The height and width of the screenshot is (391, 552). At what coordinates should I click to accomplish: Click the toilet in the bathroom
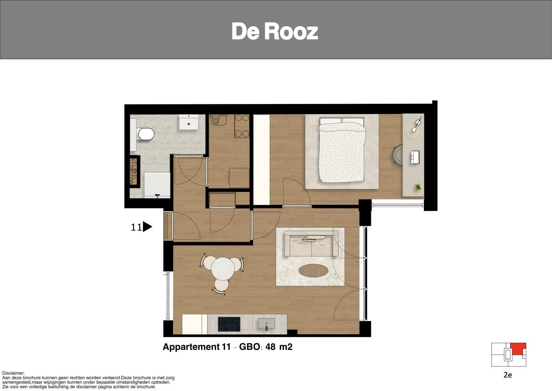[x=145, y=134]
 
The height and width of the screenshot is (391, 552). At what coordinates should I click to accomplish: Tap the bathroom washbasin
[x=189, y=122]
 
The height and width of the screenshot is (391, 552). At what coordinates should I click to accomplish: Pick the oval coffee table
[x=313, y=271]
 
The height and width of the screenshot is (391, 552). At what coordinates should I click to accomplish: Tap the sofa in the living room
[x=312, y=243]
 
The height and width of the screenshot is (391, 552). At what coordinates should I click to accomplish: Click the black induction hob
[x=229, y=325]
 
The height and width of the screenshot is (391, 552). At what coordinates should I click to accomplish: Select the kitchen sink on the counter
[x=266, y=324]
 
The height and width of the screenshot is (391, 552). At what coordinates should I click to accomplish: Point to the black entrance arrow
[x=147, y=227]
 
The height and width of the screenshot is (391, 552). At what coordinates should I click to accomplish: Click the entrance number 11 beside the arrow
[x=136, y=227]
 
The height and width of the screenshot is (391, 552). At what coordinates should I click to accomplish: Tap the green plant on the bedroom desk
[x=417, y=187]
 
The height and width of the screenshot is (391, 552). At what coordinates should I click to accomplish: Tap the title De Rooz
[x=275, y=31]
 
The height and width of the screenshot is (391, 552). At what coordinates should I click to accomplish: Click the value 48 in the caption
[x=270, y=347]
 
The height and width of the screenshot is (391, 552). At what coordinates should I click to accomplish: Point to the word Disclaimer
[x=14, y=373]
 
